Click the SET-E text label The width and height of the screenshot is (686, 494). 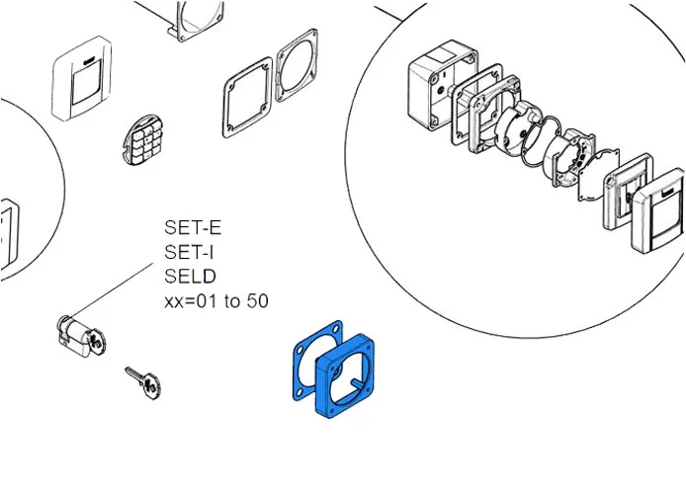click(193, 228)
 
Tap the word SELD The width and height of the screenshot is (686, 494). click(190, 276)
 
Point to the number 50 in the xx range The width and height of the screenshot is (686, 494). click(256, 300)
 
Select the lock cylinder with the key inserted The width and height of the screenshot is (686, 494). click(76, 334)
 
